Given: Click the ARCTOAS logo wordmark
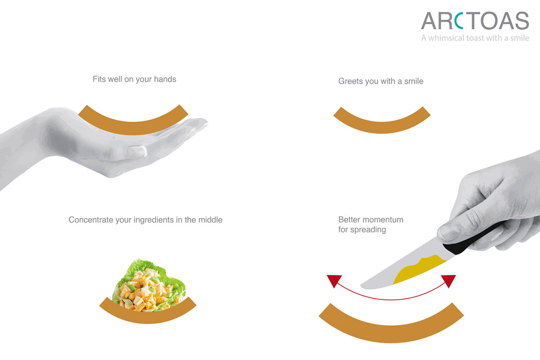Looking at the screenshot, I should click(475, 21).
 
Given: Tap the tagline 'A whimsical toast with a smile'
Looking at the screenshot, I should click(475, 38).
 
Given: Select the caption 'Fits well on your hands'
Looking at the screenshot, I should click(134, 79).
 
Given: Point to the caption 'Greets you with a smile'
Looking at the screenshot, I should click(381, 81).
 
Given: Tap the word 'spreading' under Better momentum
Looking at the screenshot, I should click(368, 229).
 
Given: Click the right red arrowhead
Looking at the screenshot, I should click(448, 281).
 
